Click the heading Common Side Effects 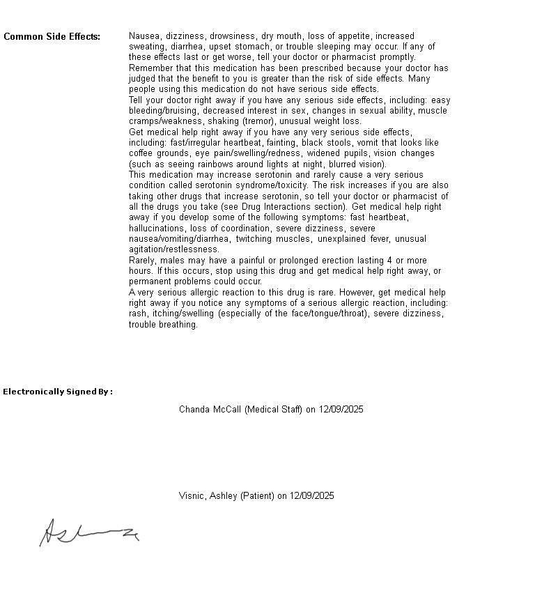click(x=52, y=36)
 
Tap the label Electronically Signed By click(x=57, y=392)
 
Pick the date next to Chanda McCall click(x=341, y=409)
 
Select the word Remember click(x=151, y=68)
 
